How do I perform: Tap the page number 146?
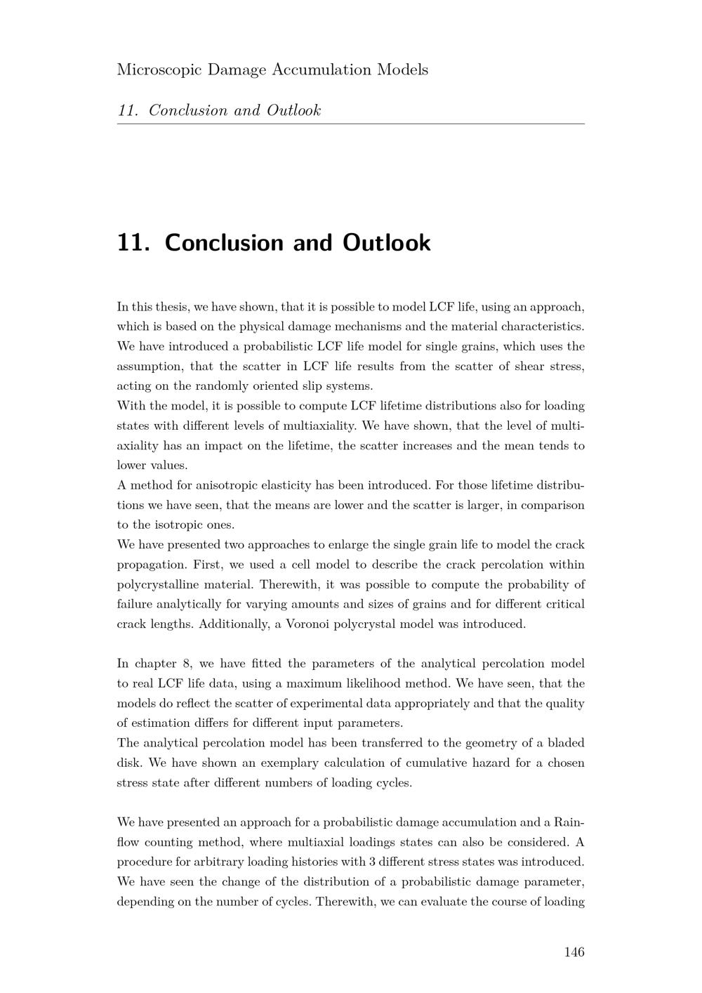click(x=574, y=952)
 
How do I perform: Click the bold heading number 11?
click(x=133, y=242)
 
